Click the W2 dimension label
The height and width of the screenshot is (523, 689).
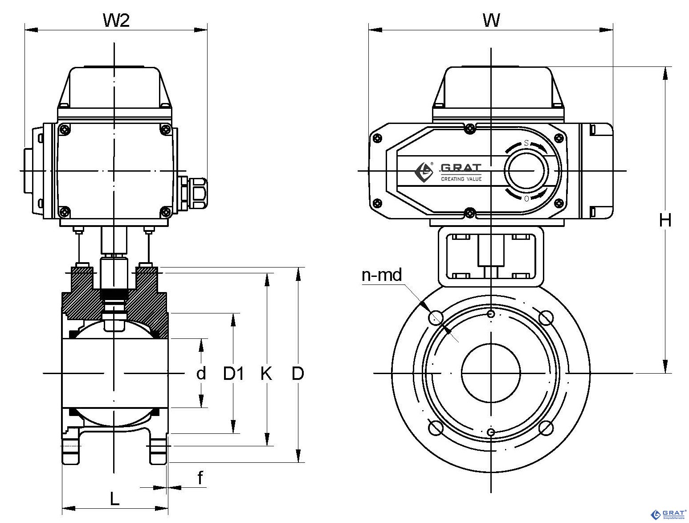[x=116, y=20]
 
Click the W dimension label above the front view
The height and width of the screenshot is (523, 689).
[x=491, y=20]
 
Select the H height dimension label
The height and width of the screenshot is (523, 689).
[x=665, y=220]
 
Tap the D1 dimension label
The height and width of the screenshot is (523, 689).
[x=233, y=374]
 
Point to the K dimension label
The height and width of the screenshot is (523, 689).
[x=266, y=374]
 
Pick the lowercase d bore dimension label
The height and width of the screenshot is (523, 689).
[x=201, y=373]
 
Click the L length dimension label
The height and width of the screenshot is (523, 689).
[x=115, y=498]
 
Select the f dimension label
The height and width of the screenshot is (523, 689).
[x=200, y=478]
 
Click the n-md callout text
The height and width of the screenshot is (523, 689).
[x=382, y=275]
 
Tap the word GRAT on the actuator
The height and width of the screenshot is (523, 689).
[x=461, y=168]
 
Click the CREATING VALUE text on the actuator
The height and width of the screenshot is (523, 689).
[x=461, y=179]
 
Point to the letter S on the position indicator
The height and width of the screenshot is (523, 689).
[x=526, y=144]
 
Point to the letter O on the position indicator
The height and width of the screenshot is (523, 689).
[x=526, y=198]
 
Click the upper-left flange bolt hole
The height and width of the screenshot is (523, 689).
[x=436, y=317]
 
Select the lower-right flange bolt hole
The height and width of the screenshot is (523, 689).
[x=546, y=428]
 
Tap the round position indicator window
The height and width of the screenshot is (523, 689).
[x=526, y=171]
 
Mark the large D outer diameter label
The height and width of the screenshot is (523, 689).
[x=298, y=374]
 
